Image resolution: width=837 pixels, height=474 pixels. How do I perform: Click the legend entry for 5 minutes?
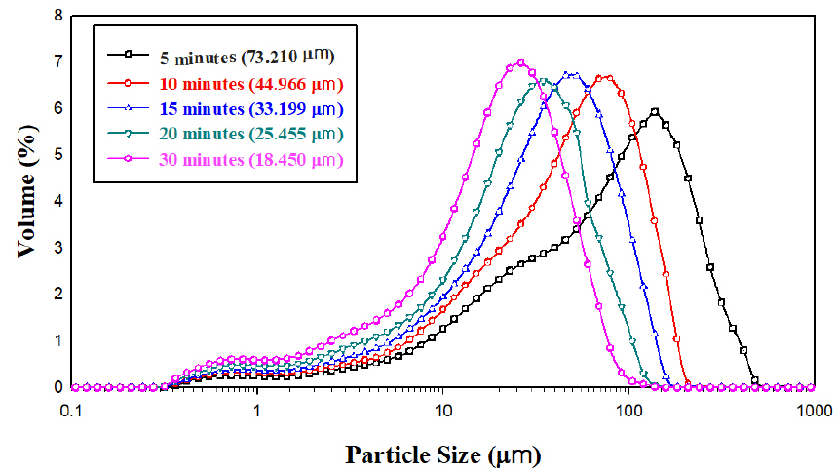click(x=240, y=54)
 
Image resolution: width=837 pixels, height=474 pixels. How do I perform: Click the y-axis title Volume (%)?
click(x=29, y=202)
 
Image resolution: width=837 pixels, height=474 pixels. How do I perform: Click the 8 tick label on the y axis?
click(x=58, y=17)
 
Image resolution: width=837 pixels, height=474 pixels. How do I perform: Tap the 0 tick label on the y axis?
click(x=58, y=387)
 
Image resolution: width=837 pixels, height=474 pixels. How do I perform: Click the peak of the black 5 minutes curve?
click(x=654, y=111)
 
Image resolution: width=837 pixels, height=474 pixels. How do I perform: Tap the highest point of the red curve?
click(x=605, y=76)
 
